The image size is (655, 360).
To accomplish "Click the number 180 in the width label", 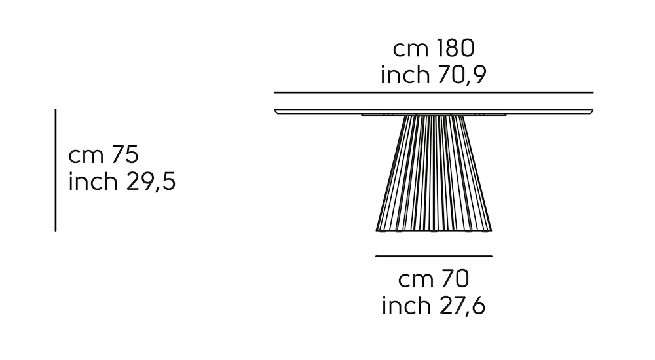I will (451, 49).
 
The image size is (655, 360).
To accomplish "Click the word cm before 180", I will (408, 49).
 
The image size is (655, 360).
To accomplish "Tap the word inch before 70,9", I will (403, 75).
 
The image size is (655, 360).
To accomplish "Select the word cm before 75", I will (84, 155).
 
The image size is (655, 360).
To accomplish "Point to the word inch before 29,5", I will (91, 181).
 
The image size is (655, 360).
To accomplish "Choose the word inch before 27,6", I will (403, 306).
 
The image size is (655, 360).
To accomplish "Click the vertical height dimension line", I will (56, 170).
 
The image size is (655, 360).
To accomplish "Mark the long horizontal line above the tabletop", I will (434, 92).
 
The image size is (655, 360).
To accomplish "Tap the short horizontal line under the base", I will (434, 256).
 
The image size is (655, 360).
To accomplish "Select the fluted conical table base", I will (434, 173).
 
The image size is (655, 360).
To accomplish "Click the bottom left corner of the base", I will (379, 230).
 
